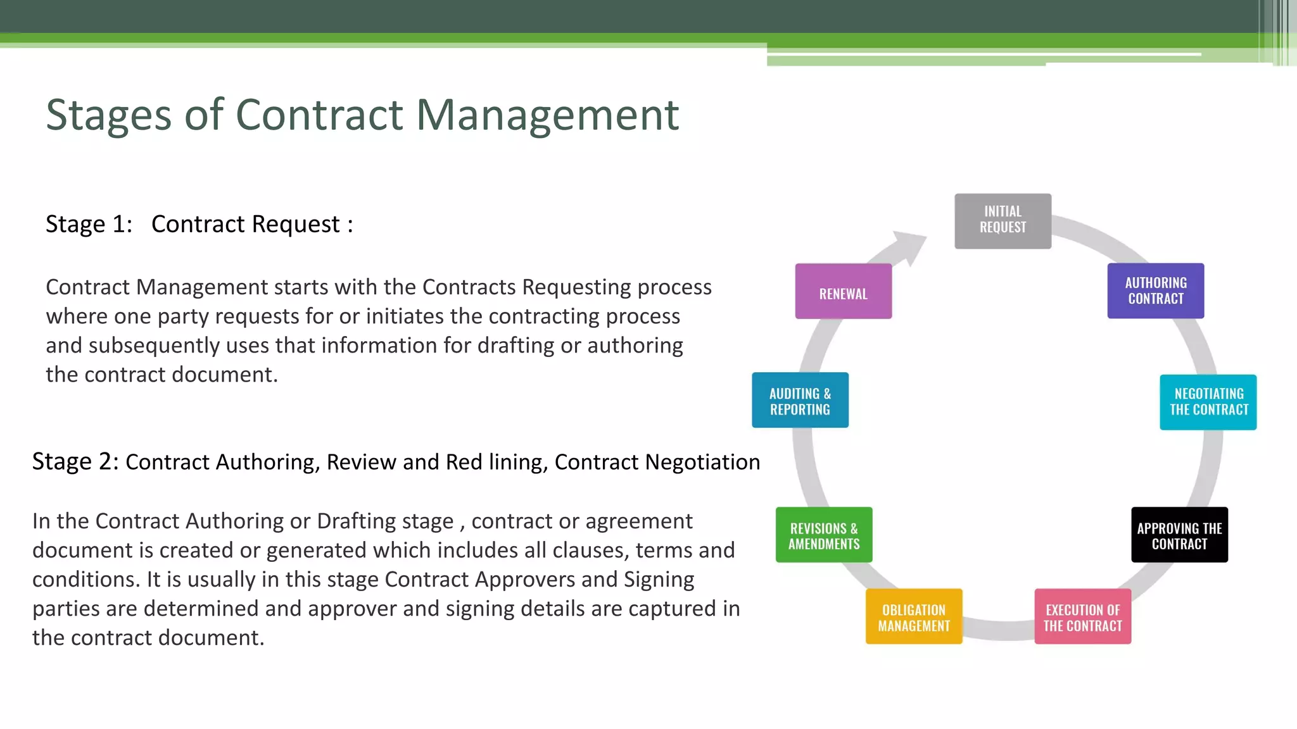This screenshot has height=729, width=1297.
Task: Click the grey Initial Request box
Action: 1003,221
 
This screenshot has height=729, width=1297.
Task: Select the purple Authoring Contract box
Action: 1155,290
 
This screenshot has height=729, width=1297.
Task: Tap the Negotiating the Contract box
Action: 1208,402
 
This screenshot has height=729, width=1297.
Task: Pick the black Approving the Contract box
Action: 1179,535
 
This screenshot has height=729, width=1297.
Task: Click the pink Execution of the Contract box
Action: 1082,616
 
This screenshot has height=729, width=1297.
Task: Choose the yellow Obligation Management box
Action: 914,616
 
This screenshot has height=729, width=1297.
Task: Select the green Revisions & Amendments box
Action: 824,535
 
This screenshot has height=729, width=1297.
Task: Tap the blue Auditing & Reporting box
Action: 800,400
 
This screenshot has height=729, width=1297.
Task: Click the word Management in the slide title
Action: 547,115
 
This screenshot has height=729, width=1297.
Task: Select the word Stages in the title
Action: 108,115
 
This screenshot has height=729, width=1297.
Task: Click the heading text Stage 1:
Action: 89,224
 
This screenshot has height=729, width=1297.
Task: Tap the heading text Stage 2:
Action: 75,461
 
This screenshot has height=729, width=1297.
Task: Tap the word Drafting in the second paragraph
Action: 357,521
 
